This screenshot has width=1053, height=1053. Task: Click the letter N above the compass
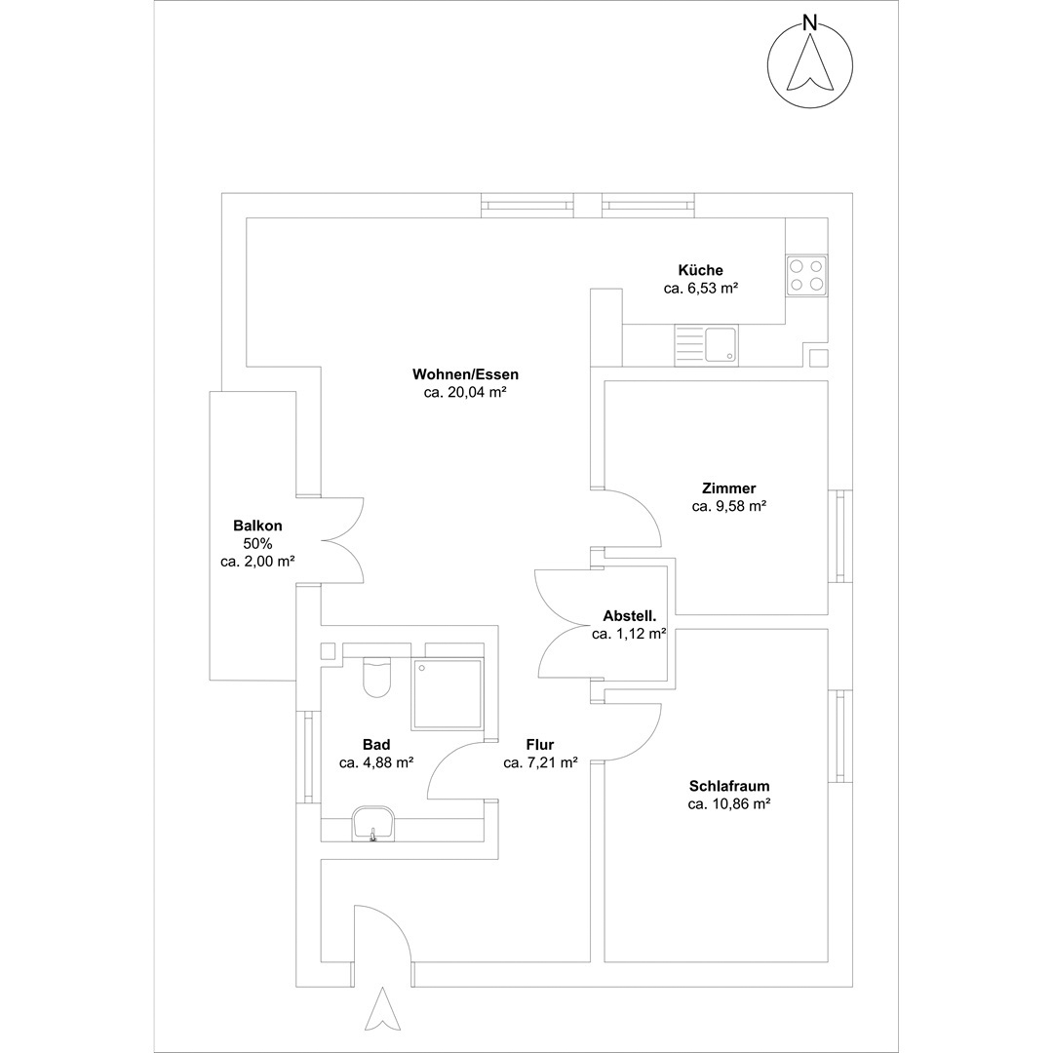coord(810,22)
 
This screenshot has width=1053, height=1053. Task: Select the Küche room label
coord(700,270)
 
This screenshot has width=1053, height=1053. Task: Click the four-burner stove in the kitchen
coord(806,275)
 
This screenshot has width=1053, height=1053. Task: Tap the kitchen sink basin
coord(720,345)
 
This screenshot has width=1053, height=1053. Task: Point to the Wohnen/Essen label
coord(465,374)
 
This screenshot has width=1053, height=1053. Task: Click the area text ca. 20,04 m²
coord(465,392)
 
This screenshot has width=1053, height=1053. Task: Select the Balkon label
coord(257,526)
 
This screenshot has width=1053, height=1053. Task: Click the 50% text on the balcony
coord(257,543)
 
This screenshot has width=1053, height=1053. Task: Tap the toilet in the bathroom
coord(376,677)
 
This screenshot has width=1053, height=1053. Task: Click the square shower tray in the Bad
coord(448,694)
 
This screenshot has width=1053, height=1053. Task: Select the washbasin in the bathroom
coord(372,824)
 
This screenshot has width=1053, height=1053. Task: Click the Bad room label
coord(376,744)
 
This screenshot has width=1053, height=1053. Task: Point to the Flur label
coord(540,744)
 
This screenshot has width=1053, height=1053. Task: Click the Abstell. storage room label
coord(629,615)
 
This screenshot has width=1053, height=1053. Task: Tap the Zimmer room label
coord(728,488)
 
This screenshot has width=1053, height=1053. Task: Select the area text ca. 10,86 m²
coord(728,803)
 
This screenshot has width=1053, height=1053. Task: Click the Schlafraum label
coord(729,786)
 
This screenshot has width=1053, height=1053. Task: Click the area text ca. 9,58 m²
coord(728,506)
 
